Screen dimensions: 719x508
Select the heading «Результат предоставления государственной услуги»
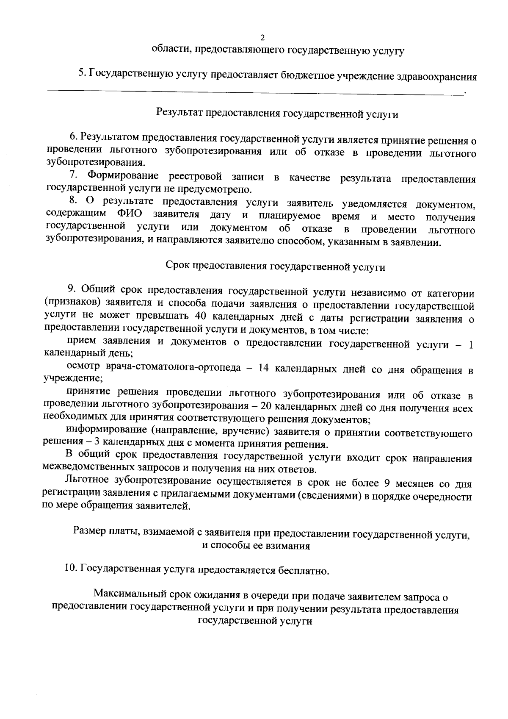(277, 114)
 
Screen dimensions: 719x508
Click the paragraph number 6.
(73, 137)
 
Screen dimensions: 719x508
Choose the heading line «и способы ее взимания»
(256, 546)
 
